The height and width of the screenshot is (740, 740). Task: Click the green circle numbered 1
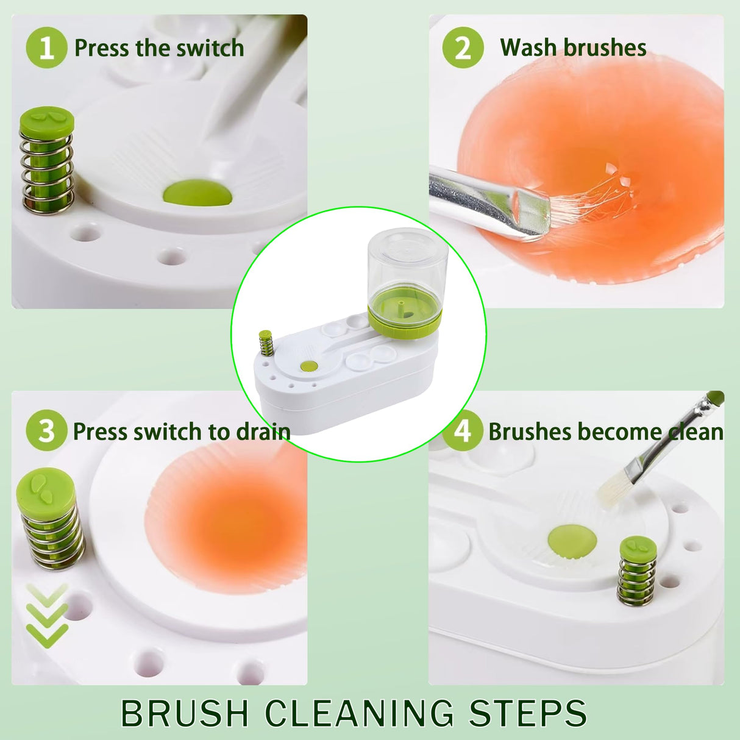(46, 48)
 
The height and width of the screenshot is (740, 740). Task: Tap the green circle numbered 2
(463, 48)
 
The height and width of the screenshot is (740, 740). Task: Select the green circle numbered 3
(46, 431)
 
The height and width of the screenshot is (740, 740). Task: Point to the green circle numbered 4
(463, 431)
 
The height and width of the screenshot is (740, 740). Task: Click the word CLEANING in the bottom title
(360, 713)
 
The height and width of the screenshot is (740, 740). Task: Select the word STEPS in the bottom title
(527, 713)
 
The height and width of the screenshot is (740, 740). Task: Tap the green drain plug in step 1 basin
(197, 192)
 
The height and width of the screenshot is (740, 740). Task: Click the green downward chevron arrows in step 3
(47, 616)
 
